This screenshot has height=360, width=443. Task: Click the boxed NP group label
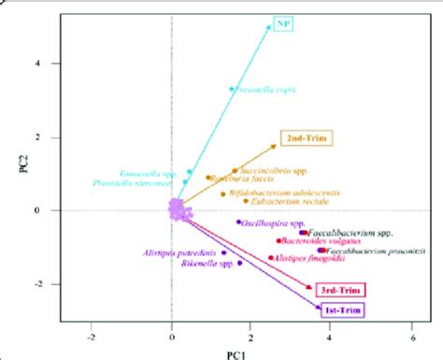click(x=283, y=22)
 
